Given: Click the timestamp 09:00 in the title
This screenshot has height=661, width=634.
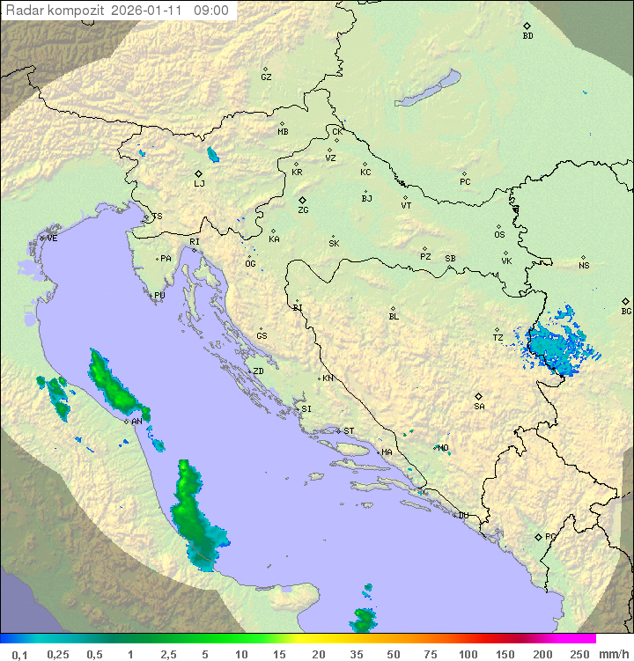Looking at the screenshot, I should tap(211, 11).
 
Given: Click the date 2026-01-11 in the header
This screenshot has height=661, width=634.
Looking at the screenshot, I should tap(156, 11).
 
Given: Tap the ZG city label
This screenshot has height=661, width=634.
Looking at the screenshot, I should tap(303, 210).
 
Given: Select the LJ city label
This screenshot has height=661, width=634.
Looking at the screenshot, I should tap(199, 184).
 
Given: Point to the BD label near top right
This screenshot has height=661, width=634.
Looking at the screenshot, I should tap(527, 36).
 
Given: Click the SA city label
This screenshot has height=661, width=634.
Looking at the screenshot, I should tap(479, 406).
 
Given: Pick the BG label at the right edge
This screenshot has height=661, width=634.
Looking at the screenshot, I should tap(626, 311).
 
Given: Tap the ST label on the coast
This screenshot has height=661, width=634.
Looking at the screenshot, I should tap(349, 431).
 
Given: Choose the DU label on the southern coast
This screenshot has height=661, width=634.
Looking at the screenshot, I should tap(462, 516).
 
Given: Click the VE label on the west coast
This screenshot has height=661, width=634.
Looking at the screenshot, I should tap(52, 239).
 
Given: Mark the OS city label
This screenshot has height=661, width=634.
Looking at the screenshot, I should tap(499, 235).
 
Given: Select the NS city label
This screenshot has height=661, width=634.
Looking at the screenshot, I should tap(584, 266).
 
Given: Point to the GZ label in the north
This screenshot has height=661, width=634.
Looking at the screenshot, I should tap(266, 77).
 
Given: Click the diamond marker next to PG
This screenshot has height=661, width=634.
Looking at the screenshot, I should tap(538, 536).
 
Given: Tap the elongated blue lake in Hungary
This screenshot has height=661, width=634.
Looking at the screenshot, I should tap(428, 89).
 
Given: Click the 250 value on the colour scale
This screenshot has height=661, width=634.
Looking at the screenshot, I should tap(579, 654).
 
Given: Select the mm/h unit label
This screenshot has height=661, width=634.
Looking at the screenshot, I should tap(613, 654).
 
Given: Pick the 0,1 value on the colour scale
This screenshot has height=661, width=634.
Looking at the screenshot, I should tap(19, 654).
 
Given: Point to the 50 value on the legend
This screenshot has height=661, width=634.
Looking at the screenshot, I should tap(393, 654).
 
